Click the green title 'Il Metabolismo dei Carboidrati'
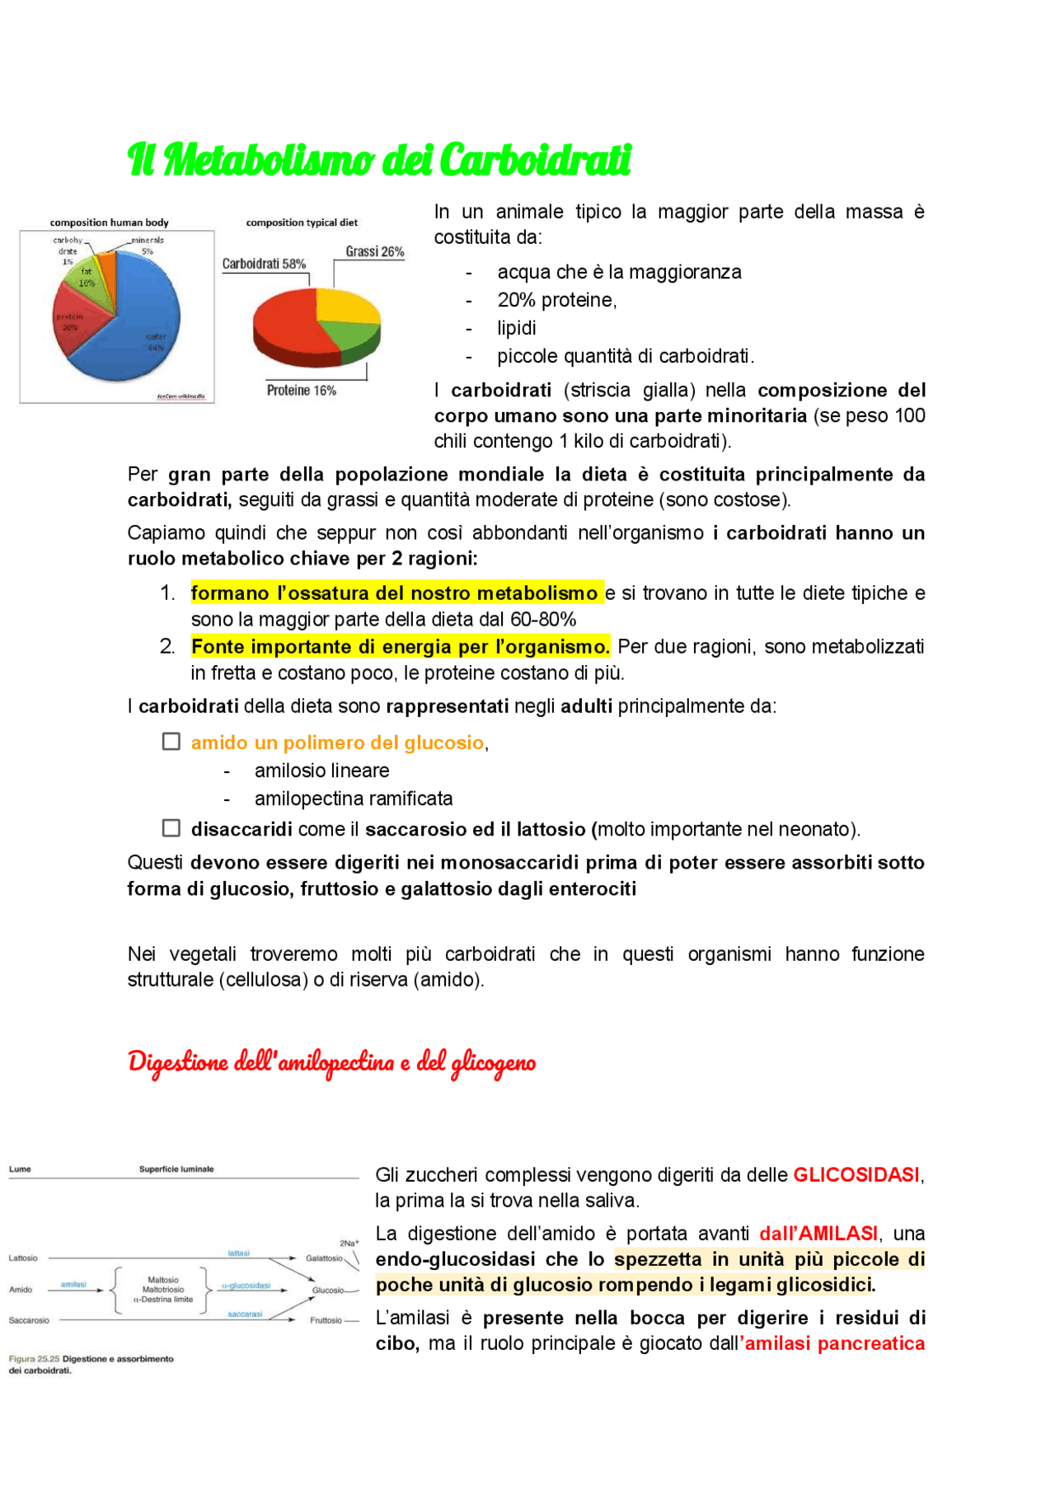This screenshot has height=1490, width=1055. pos(379,159)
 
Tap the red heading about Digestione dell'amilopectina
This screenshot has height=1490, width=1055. pos(331,1062)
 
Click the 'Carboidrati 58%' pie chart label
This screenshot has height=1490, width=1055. pos(264,264)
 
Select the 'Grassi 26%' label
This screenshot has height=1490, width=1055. pos(374,251)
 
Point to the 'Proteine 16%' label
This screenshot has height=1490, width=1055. pos(301,391)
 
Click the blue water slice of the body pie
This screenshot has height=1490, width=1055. pos(140,330)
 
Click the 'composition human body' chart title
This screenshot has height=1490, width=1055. pos(109,223)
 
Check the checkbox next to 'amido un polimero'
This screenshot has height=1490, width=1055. pos(171,742)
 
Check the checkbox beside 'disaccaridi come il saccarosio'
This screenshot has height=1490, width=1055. pos(171,827)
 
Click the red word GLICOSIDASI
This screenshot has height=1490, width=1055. pos(856,1174)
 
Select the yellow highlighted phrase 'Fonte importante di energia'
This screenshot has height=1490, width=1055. pos(400,647)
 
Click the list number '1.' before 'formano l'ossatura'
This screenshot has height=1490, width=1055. pos(167,593)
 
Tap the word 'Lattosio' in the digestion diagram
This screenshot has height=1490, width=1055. pos(23,1258)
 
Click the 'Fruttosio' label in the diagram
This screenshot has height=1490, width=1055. pos(326,1320)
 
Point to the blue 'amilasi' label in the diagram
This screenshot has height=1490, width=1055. pos(73,1284)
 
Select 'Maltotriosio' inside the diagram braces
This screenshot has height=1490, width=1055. pos(163,1290)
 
